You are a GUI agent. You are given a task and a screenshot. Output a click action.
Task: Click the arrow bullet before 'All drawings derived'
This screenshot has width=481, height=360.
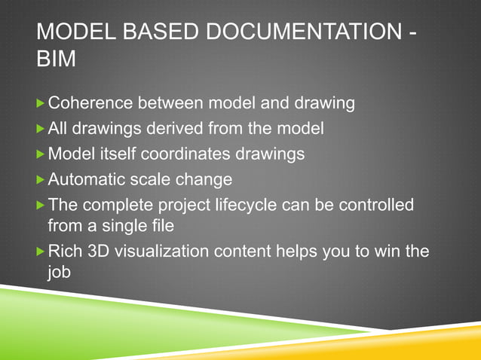point(41,129)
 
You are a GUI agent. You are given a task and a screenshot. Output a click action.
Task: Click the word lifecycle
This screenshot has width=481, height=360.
point(259,206)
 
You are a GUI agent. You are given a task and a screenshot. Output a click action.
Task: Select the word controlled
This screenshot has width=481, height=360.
point(372,206)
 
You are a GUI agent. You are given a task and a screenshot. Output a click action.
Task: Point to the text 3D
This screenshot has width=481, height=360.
point(97,250)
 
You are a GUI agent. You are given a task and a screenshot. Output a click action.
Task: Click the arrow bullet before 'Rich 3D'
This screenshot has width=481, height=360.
point(41,250)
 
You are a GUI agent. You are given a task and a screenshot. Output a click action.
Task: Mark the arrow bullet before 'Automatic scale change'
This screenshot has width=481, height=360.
point(41,180)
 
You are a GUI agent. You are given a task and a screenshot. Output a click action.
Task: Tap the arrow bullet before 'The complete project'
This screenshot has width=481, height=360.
point(41,206)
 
